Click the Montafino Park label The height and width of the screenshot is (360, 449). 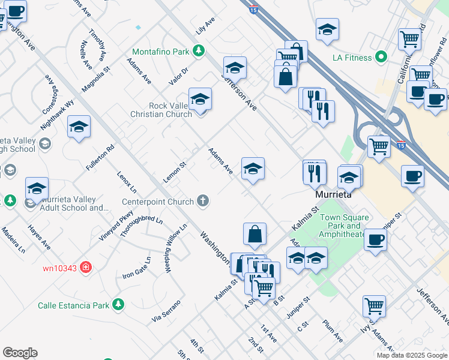[x=160, y=51]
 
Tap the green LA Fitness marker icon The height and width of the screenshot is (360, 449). [x=381, y=58]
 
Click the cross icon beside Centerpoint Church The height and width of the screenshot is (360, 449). [x=203, y=201]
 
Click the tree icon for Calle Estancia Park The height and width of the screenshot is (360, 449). [x=119, y=305]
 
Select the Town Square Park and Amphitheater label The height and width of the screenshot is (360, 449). [x=342, y=226]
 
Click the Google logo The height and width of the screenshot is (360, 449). [x=20, y=353]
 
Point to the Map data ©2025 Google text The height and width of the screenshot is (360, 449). [x=411, y=355]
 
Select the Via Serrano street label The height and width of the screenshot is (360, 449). [x=166, y=309]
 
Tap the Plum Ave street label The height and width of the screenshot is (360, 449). [x=331, y=331]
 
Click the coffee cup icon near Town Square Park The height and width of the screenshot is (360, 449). [x=375, y=239]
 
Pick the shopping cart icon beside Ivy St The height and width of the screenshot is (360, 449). [x=374, y=305]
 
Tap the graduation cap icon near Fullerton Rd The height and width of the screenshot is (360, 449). [x=79, y=127]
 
